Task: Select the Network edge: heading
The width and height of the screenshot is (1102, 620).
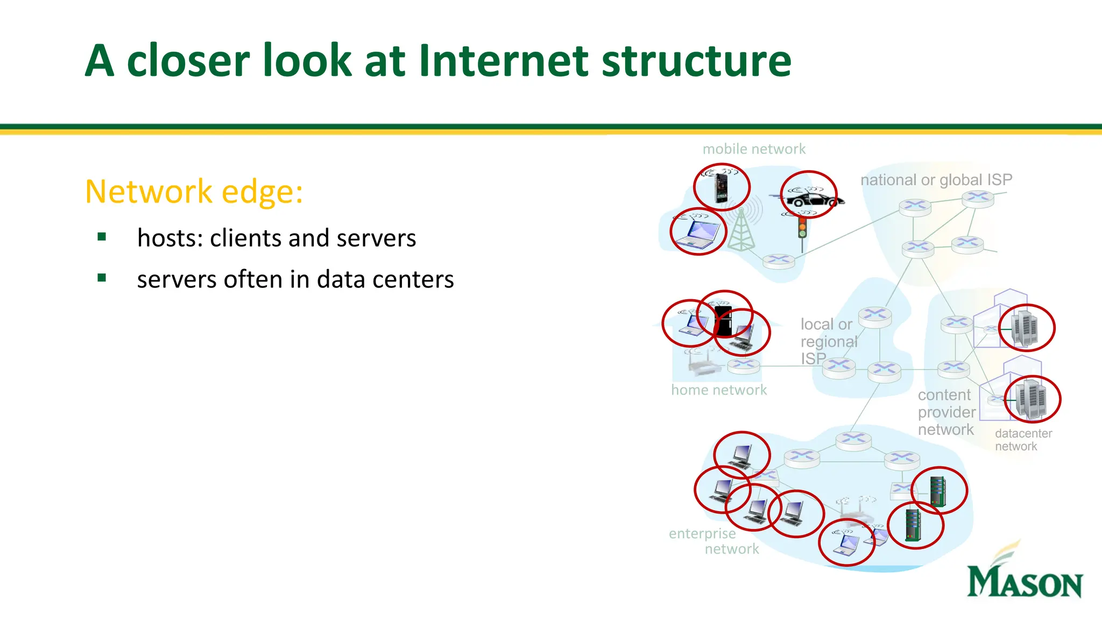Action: [194, 191]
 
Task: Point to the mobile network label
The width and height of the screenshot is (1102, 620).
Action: [754, 149]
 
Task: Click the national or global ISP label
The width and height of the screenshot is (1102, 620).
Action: [936, 180]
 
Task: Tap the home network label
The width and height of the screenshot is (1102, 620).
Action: [719, 390]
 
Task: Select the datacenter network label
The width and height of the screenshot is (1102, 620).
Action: [1022, 440]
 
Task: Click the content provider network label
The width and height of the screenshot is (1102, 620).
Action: [946, 412]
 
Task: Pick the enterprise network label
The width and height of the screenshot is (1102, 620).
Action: [713, 541]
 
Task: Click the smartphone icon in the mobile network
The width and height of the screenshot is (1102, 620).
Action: [721, 187]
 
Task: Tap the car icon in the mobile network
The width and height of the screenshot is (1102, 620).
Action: [814, 200]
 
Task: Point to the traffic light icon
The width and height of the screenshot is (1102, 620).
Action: [802, 228]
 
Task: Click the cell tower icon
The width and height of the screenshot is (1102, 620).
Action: [741, 230]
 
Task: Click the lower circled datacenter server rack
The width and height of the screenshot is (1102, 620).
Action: [1030, 399]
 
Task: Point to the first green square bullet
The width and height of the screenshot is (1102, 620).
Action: [102, 237]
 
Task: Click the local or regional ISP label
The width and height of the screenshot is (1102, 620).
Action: [828, 341]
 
